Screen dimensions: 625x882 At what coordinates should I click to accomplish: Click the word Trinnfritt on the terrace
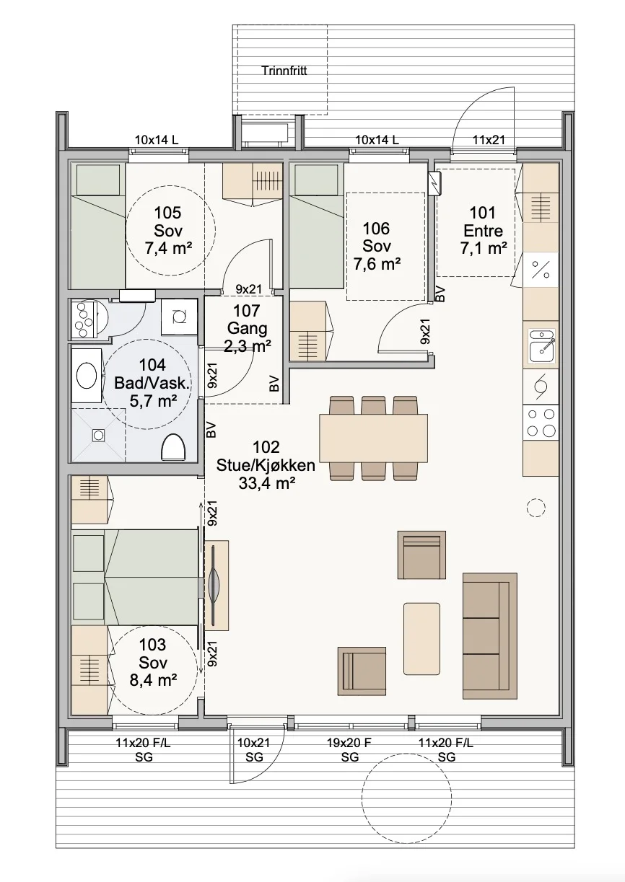pyautogui.click(x=284, y=71)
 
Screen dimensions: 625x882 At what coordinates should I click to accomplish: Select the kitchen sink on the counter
pyautogui.click(x=542, y=346)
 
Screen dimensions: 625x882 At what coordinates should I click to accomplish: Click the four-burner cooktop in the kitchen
pyautogui.click(x=541, y=423)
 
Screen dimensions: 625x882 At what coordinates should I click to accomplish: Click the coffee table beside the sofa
pyautogui.click(x=421, y=638)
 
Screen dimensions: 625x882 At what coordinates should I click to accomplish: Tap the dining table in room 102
pyautogui.click(x=374, y=438)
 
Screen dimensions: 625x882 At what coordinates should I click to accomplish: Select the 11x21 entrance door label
pyautogui.click(x=489, y=140)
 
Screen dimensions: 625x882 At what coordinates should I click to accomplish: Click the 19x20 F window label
pyautogui.click(x=349, y=743)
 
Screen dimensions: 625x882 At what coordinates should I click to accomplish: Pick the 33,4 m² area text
pyautogui.click(x=267, y=482)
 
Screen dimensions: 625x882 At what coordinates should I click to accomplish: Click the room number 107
pyautogui.click(x=246, y=311)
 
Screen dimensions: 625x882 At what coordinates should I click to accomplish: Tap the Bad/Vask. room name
pyautogui.click(x=152, y=383)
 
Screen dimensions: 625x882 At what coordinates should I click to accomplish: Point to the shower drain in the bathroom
pyautogui.click(x=97, y=435)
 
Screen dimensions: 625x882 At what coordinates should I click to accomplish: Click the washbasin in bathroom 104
pyautogui.click(x=87, y=375)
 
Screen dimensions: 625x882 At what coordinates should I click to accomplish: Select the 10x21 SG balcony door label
pyautogui.click(x=254, y=750)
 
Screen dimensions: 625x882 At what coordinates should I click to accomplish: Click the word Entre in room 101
pyautogui.click(x=483, y=231)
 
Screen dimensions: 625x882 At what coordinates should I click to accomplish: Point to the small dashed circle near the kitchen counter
pyautogui.click(x=536, y=508)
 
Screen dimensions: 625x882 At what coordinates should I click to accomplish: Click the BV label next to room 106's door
pyautogui.click(x=440, y=294)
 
